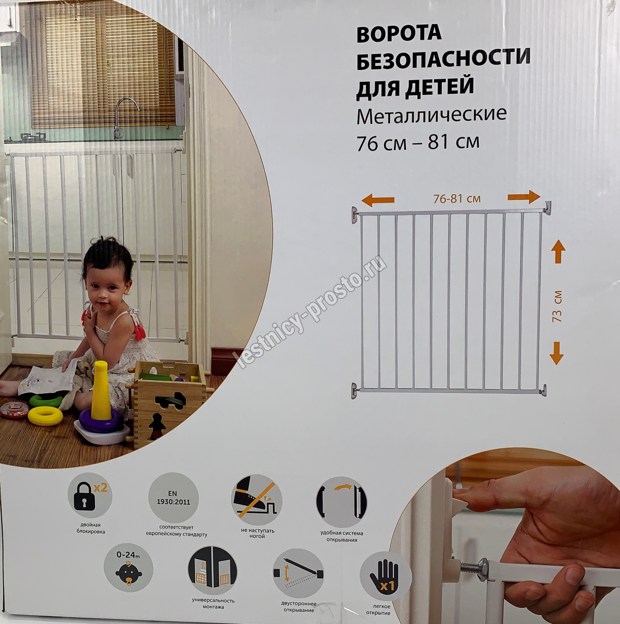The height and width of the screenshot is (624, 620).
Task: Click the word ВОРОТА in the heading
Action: tap(399, 33)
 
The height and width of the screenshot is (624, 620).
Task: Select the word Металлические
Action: tap(431, 115)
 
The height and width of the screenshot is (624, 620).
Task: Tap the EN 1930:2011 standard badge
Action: tap(173, 498)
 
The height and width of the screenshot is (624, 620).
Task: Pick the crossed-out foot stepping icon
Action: tap(256, 500)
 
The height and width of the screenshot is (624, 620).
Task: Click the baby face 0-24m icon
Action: tap(128, 568)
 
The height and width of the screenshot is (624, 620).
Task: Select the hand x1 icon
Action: tap(385, 576)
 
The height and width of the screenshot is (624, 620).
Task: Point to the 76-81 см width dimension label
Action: tap(457, 198)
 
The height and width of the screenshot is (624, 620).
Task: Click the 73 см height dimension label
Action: tap(557, 306)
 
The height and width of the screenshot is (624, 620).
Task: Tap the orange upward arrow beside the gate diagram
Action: tap(558, 252)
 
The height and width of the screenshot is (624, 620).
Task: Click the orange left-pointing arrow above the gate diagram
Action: tap(378, 201)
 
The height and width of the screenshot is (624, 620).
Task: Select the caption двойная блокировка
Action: tap(90, 528)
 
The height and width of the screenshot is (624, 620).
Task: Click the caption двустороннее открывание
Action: tap(299, 607)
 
